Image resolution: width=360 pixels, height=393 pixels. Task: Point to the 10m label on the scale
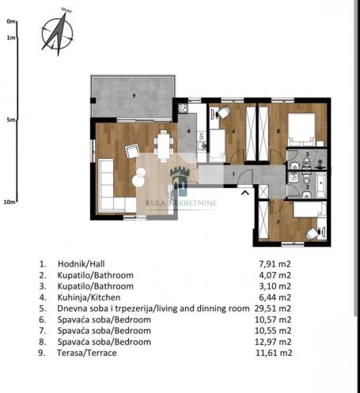coord(9,202)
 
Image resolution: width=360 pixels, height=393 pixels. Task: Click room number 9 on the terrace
coord(134,96)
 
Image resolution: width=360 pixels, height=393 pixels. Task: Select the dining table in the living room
coord(164,145)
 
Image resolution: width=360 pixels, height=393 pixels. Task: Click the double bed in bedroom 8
coord(301,130)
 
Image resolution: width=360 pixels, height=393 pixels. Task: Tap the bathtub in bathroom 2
coord(321,185)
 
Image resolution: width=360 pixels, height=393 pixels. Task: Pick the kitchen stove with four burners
coord(183,108)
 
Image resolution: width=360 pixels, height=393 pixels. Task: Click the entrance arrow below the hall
coord(245,193)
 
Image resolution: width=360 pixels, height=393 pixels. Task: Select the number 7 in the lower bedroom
coord(278,222)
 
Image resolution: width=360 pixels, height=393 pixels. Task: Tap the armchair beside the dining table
coord(132,151)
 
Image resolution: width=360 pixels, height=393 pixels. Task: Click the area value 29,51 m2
coord(273,308)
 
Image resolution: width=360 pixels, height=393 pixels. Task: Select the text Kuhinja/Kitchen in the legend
coord(89,297)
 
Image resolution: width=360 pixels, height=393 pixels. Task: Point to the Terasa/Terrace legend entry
coord(87,353)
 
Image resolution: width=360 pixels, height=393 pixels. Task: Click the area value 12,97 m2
coord(273,342)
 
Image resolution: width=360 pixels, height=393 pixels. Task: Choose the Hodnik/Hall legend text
coord(81,264)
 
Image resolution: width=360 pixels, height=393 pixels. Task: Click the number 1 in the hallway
coord(233,174)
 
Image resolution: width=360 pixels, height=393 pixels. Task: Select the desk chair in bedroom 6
coord(224,113)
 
